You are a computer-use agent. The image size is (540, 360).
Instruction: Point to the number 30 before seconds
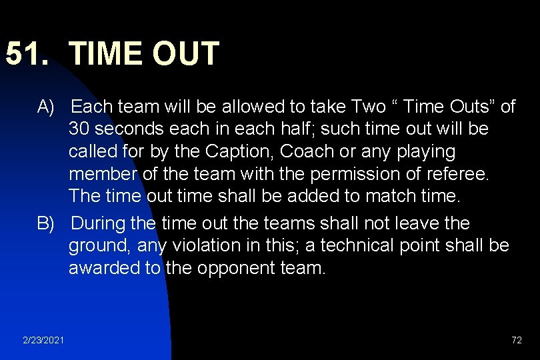79,129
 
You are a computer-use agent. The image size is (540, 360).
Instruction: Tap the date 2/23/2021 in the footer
43,340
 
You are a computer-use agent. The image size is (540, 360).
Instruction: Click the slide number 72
516,340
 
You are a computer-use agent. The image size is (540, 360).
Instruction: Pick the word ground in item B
99,245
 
